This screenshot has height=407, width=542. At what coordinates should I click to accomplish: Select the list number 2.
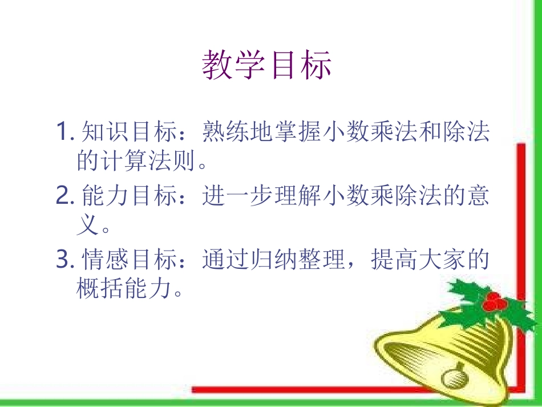tap(62, 197)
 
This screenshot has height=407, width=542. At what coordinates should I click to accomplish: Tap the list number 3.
tap(62, 261)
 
